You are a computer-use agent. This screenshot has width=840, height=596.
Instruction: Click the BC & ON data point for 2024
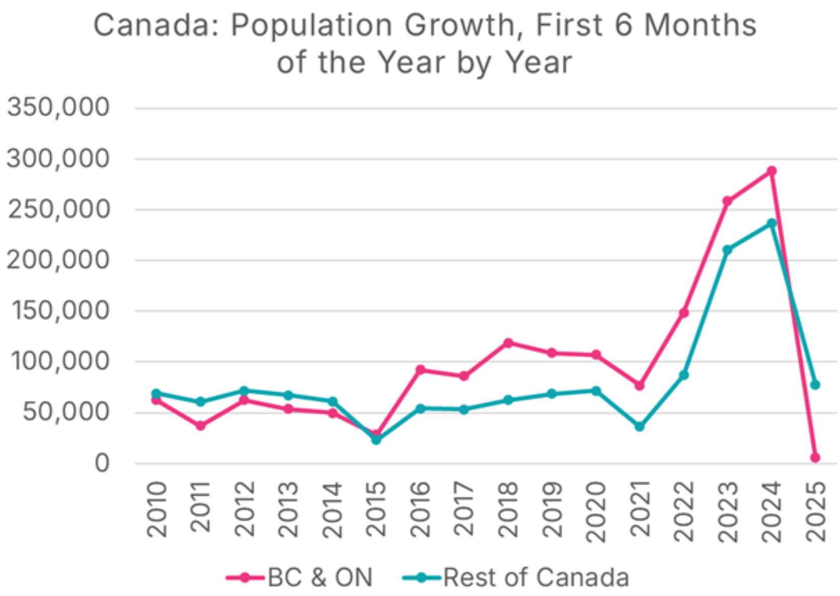point(771,171)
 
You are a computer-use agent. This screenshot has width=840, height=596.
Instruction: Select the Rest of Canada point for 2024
point(771,223)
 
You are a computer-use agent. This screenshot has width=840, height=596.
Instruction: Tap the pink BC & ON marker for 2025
point(815,457)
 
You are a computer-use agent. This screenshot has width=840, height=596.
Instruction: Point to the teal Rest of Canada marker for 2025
point(815,385)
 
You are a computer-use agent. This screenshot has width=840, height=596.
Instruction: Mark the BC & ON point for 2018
point(508,343)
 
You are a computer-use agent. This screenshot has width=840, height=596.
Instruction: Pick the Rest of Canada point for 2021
point(639,426)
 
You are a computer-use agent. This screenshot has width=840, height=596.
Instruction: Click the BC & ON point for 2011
point(200,425)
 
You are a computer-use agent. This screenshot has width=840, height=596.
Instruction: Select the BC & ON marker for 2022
point(684,313)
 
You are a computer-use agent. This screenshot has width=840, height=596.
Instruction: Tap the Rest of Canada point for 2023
point(727,250)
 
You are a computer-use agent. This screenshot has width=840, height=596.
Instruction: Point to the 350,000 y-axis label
point(58,107)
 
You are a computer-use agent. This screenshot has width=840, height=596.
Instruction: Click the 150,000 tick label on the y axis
point(60,311)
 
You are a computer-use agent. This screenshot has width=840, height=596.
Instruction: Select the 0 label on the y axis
point(102,463)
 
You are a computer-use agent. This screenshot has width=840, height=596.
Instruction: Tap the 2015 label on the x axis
point(376,509)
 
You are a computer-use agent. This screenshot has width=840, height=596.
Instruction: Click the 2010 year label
point(157,509)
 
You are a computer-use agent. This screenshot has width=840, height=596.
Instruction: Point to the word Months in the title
point(700,25)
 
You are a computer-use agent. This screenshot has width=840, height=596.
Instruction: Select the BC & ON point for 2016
point(421,369)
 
